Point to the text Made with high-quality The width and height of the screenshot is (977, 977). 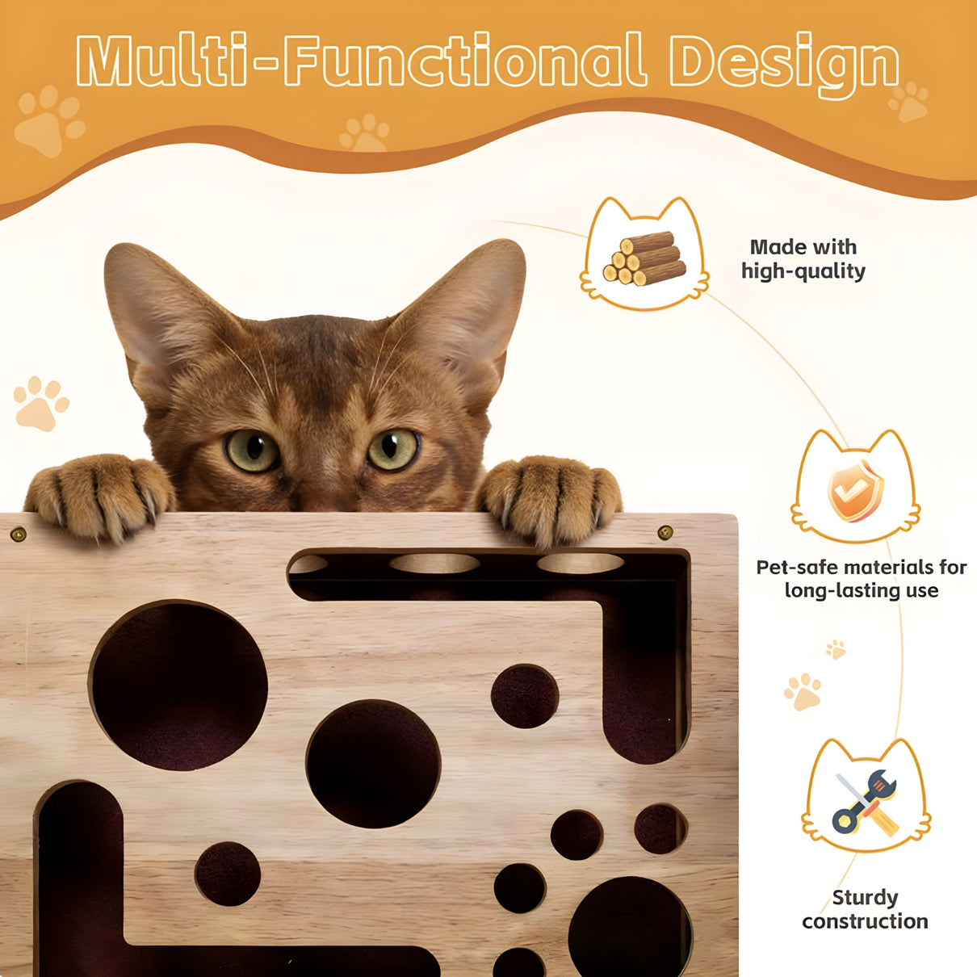coord(803,259)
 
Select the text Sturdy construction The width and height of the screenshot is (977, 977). coord(865,909)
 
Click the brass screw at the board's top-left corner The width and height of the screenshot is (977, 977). coord(18,534)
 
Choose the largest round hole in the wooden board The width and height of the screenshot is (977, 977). coord(178,685)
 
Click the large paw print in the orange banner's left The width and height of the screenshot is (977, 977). coord(48,121)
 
